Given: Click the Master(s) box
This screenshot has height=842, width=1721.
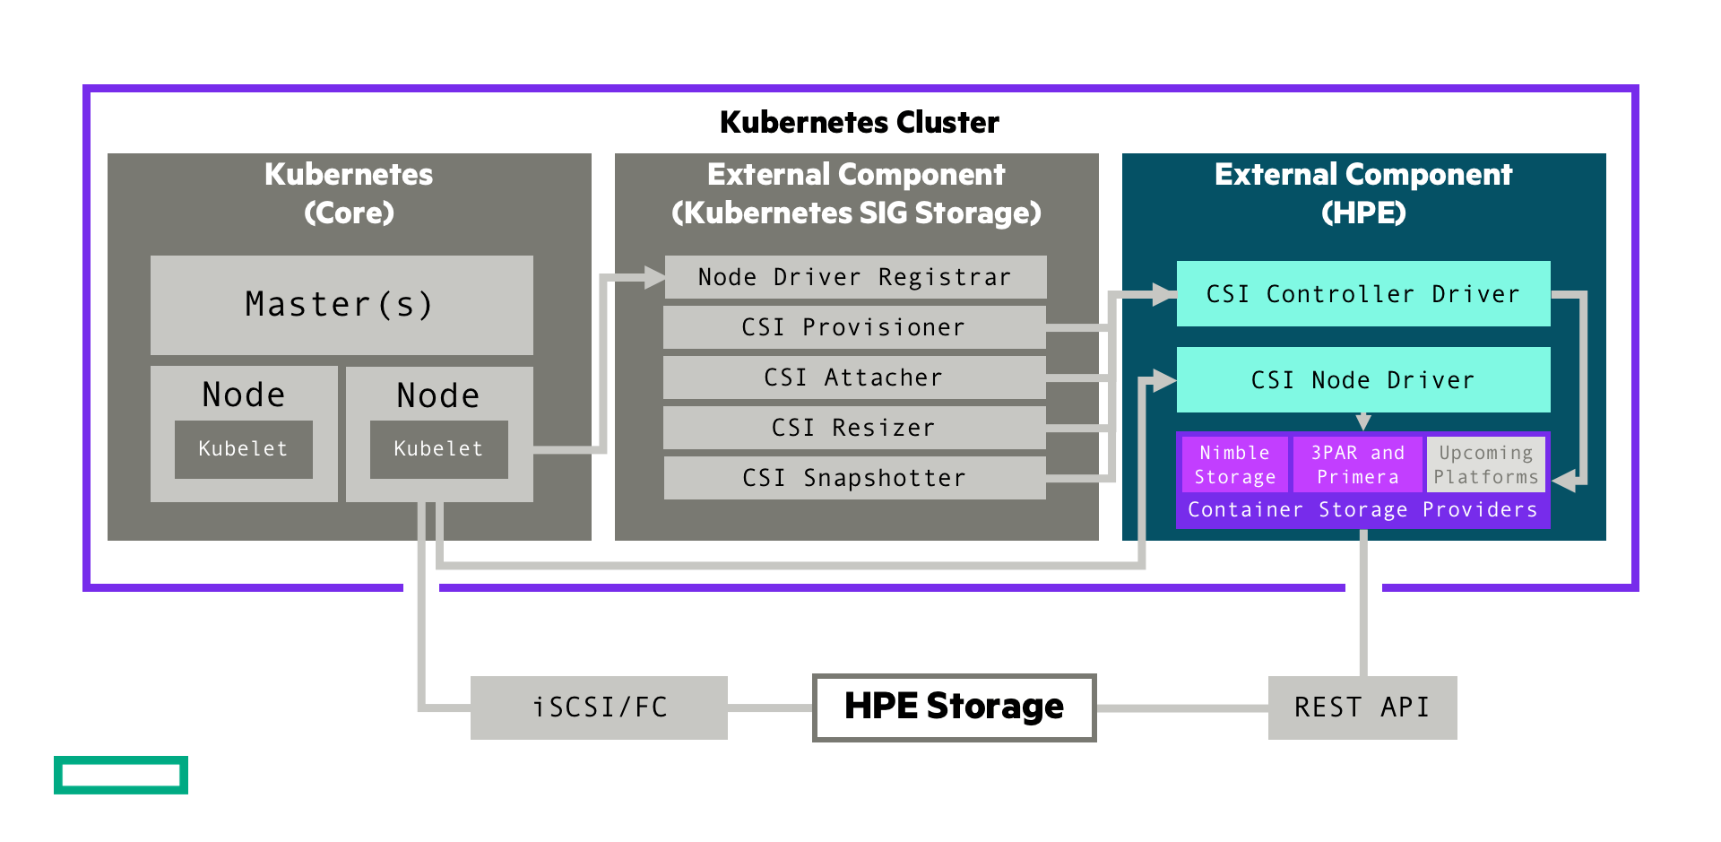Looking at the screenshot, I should click(x=342, y=305).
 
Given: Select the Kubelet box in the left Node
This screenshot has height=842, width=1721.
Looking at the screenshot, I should click(x=243, y=449).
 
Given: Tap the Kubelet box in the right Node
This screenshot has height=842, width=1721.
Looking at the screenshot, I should click(x=438, y=449).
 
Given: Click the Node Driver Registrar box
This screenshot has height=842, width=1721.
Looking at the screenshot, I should click(x=855, y=277).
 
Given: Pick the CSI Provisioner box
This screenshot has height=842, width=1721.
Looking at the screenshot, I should click(x=853, y=327).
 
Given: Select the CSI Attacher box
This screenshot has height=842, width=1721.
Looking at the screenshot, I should click(x=853, y=378).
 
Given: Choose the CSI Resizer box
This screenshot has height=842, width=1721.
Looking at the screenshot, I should click(x=853, y=428).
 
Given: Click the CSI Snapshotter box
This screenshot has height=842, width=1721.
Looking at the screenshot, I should click(x=853, y=478).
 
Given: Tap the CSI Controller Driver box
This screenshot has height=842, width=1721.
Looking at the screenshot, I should click(x=1362, y=294).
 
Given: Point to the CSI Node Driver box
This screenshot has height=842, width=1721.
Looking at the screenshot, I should click(x=1362, y=380).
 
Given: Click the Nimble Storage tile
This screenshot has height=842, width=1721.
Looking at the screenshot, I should click(x=1234, y=464).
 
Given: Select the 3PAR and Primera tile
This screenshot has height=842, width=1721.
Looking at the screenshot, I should click(x=1357, y=464).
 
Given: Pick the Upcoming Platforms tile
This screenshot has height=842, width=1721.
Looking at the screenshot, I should click(x=1485, y=464).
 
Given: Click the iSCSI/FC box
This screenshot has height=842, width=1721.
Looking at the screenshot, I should click(x=599, y=707).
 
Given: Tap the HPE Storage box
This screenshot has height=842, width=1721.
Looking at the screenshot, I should click(x=954, y=707).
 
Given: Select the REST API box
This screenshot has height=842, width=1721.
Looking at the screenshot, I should click(x=1362, y=707).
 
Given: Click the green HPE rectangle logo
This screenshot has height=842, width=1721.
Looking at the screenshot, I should click(x=121, y=775).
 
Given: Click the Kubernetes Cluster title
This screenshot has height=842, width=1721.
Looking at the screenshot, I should click(x=859, y=122).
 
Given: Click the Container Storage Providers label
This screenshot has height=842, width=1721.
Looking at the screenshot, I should click(x=1362, y=510).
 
